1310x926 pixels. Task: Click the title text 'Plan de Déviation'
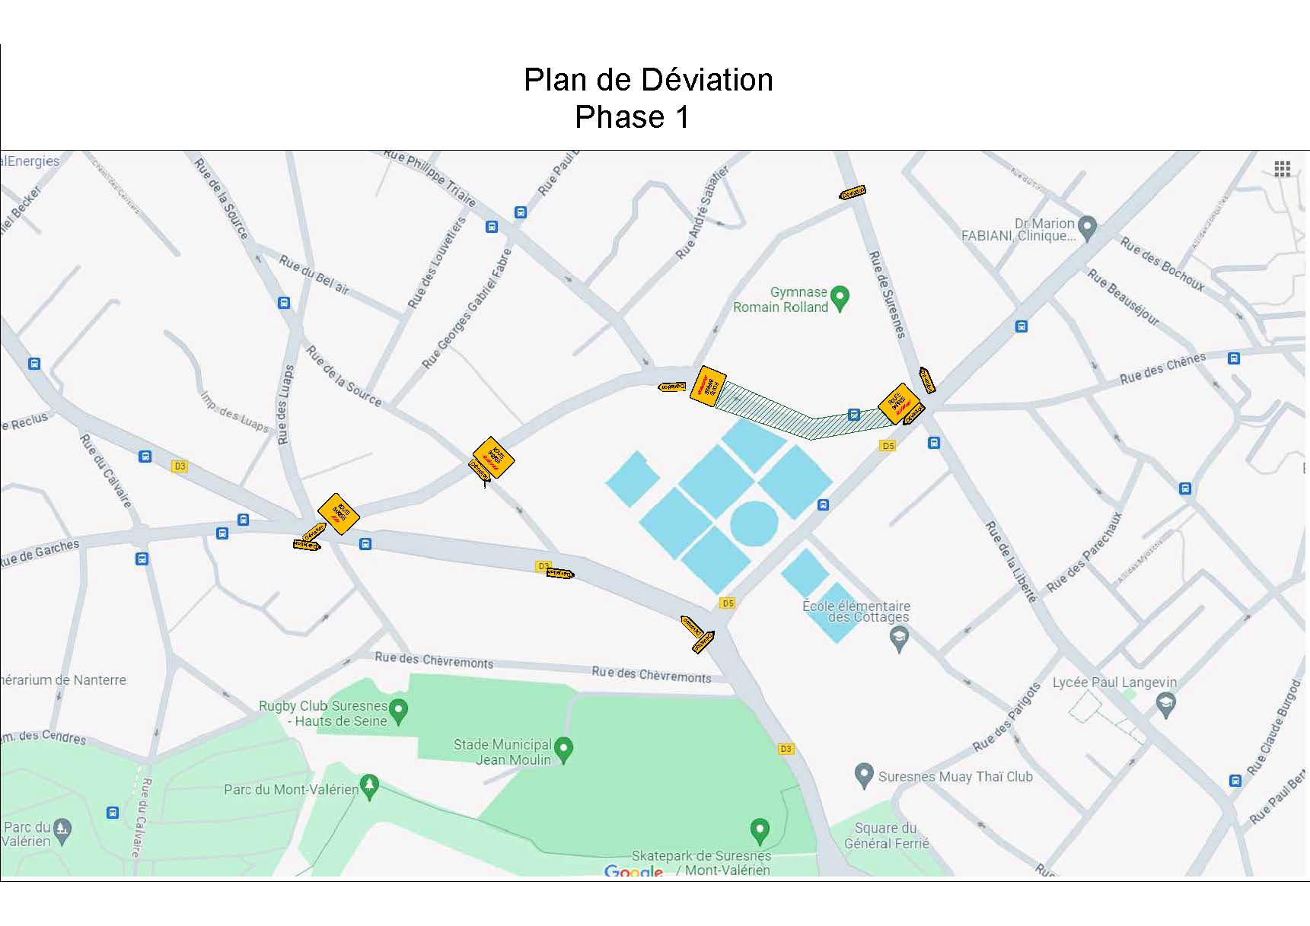coord(648,80)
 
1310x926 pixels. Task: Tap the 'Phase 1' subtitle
coord(632,117)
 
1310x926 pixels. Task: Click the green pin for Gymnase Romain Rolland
coord(840,298)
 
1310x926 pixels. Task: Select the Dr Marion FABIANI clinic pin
coord(1087,227)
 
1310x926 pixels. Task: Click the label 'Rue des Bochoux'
coord(1162,264)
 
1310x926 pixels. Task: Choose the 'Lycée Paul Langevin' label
coord(1114,683)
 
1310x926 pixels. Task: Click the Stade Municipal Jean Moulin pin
coord(563,749)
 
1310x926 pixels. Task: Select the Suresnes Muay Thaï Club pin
coord(863,775)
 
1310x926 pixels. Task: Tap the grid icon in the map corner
coord(1282,169)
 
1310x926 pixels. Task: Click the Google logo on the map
coord(633,871)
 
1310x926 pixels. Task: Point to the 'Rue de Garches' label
coord(40,553)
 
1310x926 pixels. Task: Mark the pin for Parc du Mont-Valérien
coord(369,785)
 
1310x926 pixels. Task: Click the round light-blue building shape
coord(754,523)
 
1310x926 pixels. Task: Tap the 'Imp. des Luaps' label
coord(234,412)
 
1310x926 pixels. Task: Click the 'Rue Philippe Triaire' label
coord(430,177)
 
